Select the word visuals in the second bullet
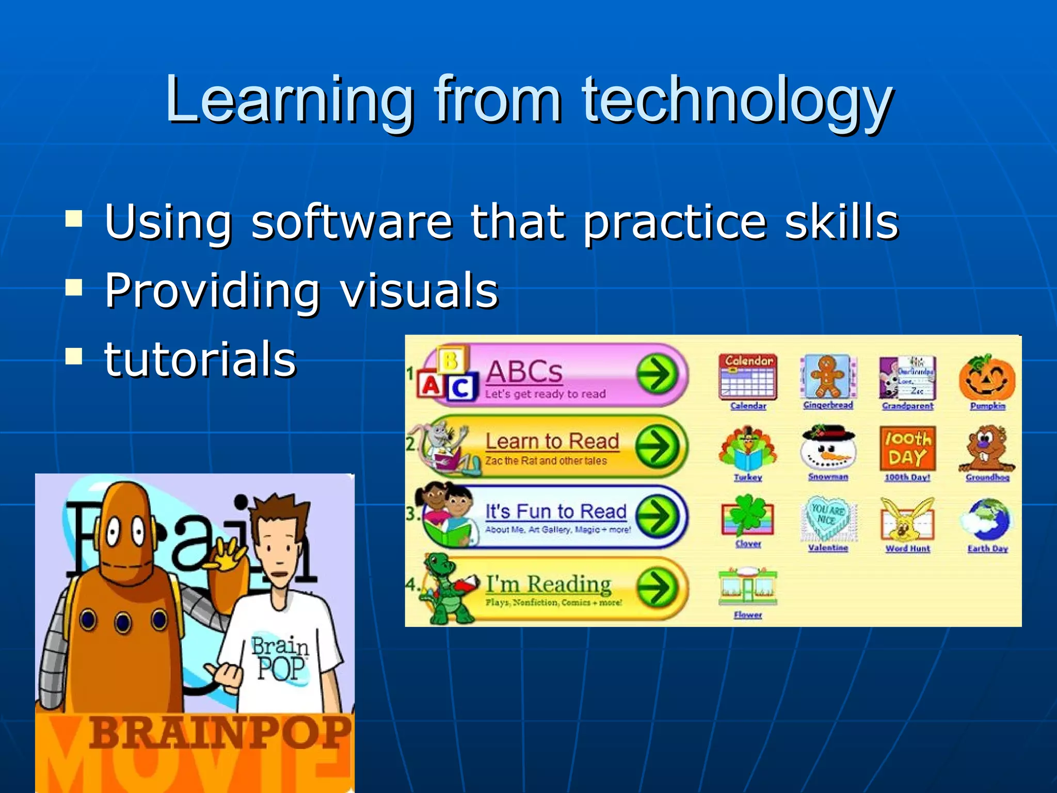pos(419,290)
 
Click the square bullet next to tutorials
pos(74,356)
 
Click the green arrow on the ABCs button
pos(657,374)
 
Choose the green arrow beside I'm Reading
pos(657,588)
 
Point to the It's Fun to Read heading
pos(556,511)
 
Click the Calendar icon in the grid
pos(748,376)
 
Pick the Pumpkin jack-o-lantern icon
pos(987,378)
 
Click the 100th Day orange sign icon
pos(907,448)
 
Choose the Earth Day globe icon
pos(987,519)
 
